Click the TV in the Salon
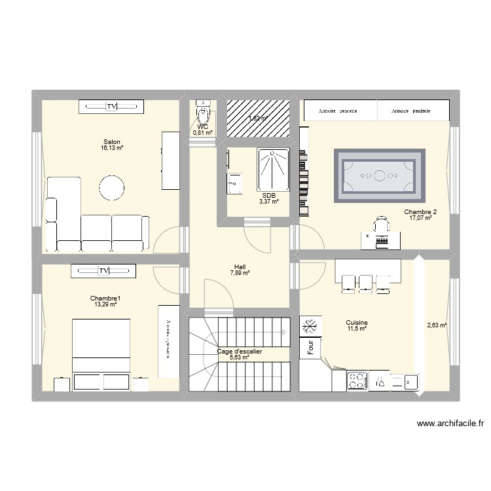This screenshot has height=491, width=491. [111, 106]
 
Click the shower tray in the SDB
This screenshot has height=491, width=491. [271, 170]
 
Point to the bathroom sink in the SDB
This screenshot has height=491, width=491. [234, 185]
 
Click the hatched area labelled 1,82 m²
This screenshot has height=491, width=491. [258, 118]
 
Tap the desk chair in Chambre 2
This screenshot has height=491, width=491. [381, 227]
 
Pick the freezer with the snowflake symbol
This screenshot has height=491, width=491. [311, 326]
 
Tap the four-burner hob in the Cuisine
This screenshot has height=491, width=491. [357, 380]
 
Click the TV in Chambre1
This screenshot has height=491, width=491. [104, 270]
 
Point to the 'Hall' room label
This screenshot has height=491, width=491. [239, 266]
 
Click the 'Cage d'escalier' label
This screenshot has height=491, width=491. [240, 352]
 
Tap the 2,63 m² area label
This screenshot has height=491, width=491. [436, 324]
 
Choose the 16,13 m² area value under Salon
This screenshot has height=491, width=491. [112, 149]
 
